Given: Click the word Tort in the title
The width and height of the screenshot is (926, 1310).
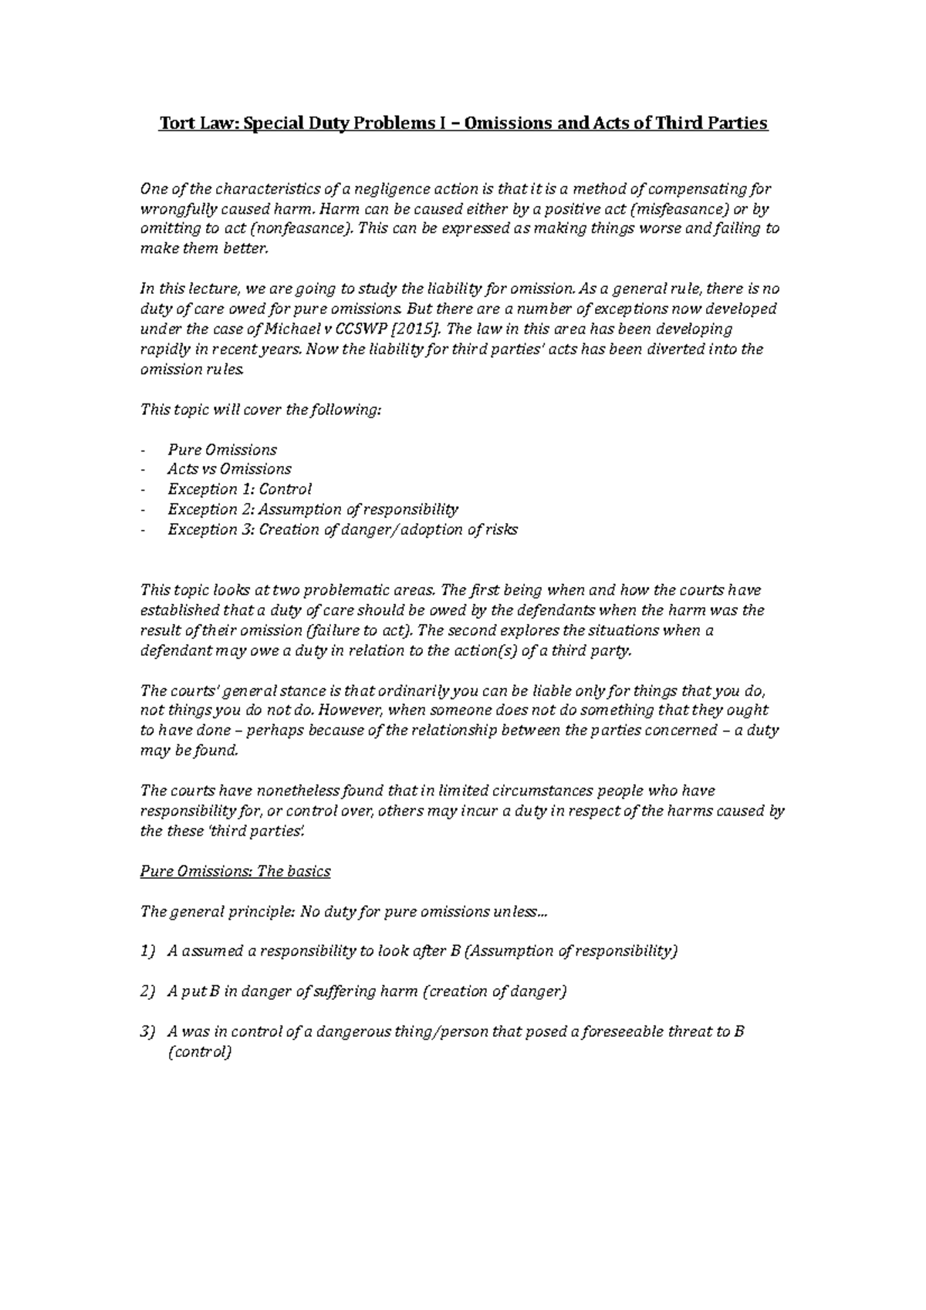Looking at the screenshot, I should tap(174, 123).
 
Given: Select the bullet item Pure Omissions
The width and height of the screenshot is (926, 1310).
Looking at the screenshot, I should tap(222, 450).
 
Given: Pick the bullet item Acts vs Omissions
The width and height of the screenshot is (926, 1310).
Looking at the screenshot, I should tap(229, 469).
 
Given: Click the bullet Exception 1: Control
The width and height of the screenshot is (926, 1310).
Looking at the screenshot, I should tap(239, 489).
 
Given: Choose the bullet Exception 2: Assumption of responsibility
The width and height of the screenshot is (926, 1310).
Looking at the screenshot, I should tap(313, 509).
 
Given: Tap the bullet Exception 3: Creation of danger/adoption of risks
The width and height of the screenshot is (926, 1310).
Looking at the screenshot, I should tap(343, 529).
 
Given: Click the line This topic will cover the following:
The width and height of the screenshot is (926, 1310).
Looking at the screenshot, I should tap(260, 410).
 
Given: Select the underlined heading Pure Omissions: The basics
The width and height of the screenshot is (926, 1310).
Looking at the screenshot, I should tap(235, 871).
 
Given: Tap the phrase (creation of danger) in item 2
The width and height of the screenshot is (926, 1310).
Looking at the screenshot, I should tap(495, 991).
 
